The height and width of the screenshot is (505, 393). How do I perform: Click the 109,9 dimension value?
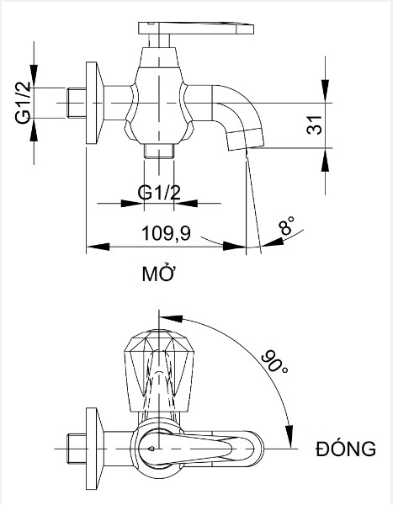tap(167, 233)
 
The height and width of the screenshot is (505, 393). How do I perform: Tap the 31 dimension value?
tap(315, 125)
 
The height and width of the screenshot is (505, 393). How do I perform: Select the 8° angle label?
tap(286, 226)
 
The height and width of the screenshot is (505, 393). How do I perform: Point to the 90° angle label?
tap(274, 361)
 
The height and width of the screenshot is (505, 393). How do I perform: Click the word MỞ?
tap(158, 274)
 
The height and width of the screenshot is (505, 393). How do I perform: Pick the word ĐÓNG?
tap(346, 448)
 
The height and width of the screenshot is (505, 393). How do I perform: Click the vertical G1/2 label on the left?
tap(24, 103)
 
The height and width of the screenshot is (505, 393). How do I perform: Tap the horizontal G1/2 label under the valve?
tap(159, 193)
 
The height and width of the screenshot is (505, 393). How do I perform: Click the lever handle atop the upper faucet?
tap(196, 29)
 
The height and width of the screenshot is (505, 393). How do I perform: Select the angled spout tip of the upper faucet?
tap(246, 139)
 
